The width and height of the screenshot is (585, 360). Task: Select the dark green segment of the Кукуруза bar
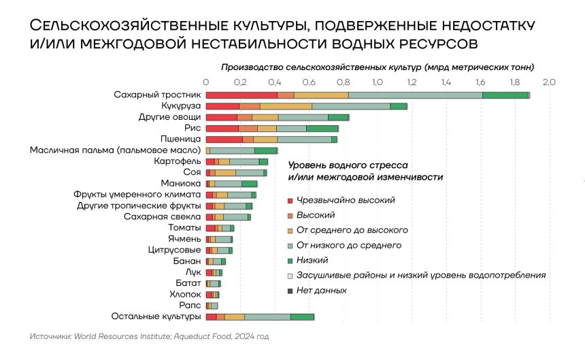coord(399,106)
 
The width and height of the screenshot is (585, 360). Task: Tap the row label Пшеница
coord(180,140)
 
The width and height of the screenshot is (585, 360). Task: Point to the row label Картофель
coord(178,161)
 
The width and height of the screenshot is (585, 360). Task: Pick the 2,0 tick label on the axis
coord(549,82)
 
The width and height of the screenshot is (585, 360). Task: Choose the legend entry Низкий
coord(313,260)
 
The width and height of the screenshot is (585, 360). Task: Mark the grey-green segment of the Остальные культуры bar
coord(267,317)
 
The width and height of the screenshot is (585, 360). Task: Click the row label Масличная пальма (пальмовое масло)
coord(115,150)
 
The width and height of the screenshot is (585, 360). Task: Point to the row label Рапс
coord(190,306)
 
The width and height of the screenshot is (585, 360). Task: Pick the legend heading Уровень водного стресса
coord(348,165)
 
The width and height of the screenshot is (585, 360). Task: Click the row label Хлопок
coord(185,294)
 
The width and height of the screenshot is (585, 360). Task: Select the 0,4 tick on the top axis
coord(274,82)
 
